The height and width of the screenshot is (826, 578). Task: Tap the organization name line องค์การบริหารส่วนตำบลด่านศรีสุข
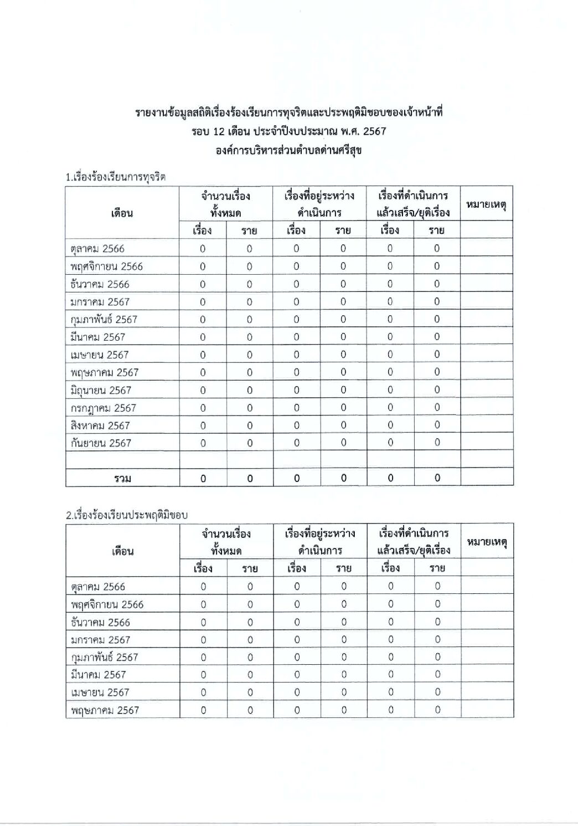pos(288,150)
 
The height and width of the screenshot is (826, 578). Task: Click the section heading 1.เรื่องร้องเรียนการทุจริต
pos(115,177)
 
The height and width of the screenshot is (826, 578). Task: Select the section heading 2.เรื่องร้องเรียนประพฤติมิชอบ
pos(126,515)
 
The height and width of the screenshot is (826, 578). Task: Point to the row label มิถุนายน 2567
pos(101,390)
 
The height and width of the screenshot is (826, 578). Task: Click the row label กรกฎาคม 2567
pos(103,408)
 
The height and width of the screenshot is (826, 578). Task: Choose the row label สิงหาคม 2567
pos(100,425)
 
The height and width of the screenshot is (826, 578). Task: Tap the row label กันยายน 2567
pos(101,443)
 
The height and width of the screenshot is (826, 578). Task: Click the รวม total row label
pos(122,478)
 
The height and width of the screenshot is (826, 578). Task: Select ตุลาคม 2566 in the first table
pos(97,249)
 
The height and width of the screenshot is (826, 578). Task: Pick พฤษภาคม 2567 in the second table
pos(105,710)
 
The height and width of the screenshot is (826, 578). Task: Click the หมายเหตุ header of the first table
pos(486,204)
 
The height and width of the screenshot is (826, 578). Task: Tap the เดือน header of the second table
pos(122,551)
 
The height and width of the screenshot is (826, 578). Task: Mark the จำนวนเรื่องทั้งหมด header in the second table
pos(226,542)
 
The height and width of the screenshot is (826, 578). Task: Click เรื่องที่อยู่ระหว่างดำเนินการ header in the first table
pos(319,204)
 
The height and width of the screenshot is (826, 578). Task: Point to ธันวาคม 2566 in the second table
pos(100,622)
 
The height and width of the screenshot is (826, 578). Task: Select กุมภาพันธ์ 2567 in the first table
pos(104,320)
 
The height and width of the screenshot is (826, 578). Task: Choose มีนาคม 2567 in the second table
pos(98,675)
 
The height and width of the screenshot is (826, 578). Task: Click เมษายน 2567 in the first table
pos(100,355)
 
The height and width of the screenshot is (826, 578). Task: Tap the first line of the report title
pos(288,113)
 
